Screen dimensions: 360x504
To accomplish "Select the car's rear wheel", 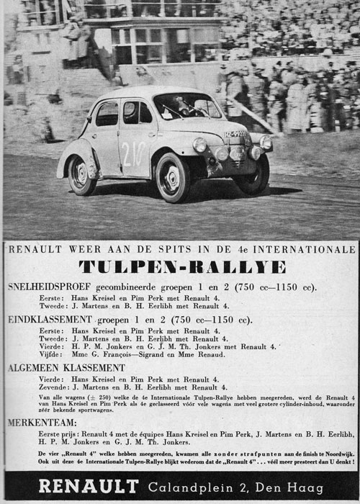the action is coord(81,175).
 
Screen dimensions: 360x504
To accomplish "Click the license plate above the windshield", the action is coord(235,134).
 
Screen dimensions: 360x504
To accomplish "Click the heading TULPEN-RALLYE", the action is coord(180,266).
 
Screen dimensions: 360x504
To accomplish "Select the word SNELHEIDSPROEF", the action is coord(48,287).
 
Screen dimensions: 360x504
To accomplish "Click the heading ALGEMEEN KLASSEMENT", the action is coord(66,367).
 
